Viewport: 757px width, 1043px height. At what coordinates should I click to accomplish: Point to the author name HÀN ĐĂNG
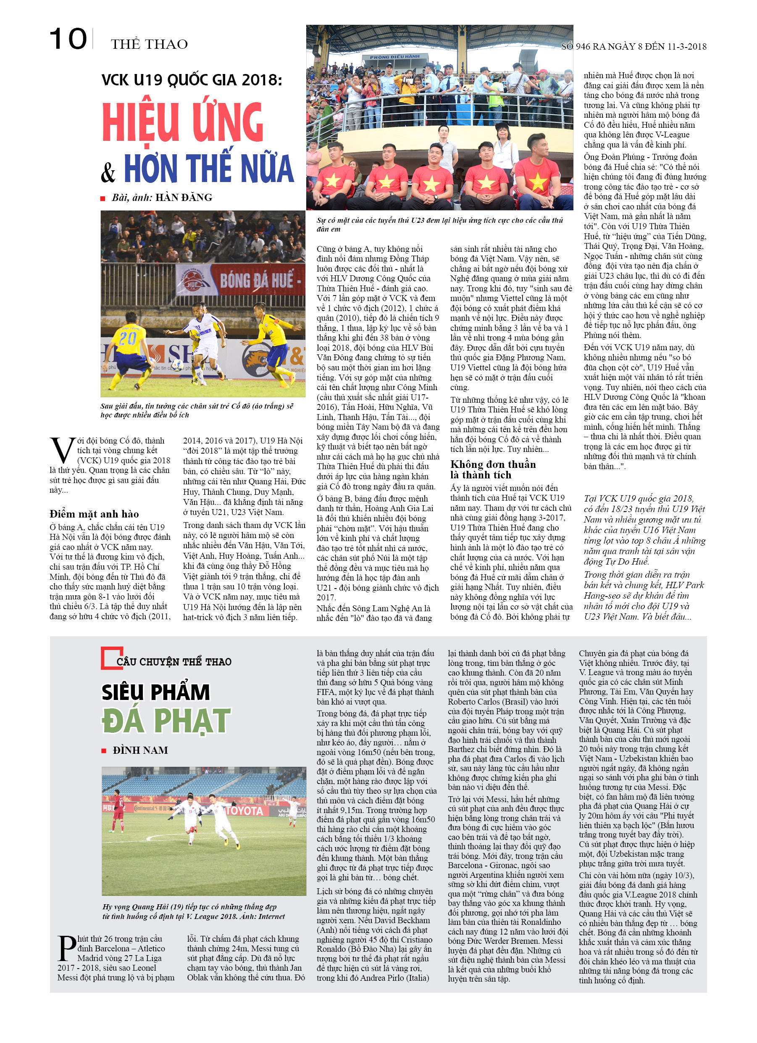click(184, 198)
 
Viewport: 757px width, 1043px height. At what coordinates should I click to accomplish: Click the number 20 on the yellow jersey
click(127, 338)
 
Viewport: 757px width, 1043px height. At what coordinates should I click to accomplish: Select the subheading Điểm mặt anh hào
click(94, 514)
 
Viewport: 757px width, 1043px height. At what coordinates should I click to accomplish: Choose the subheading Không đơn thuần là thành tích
click(493, 470)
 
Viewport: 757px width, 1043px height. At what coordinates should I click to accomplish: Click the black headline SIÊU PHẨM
click(155, 692)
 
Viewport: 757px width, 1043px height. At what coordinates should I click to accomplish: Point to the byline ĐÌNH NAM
click(140, 750)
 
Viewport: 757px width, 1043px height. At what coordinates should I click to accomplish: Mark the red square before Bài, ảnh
click(103, 199)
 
